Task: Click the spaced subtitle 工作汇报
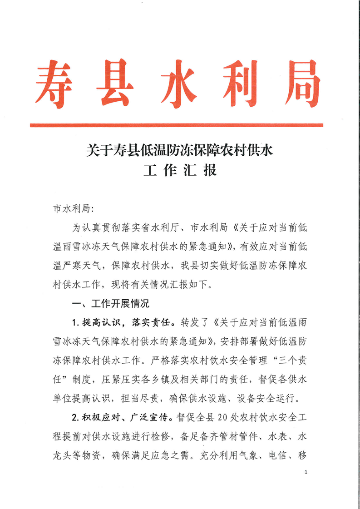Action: [180, 171]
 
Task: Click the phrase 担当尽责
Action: [144, 399]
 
